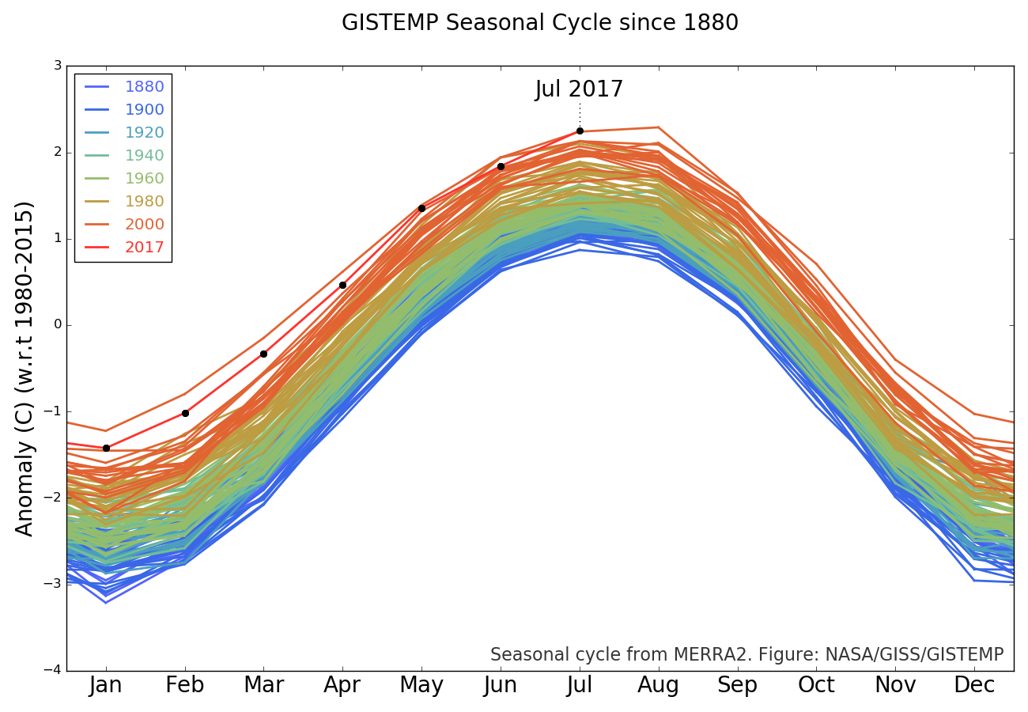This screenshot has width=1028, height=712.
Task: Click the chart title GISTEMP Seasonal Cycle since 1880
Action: coord(540,23)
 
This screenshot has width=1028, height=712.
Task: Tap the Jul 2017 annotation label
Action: coord(579,89)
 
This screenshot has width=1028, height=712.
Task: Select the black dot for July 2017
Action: coord(580,131)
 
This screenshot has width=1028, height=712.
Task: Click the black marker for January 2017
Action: coord(106,448)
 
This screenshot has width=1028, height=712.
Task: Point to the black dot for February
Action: coord(185,413)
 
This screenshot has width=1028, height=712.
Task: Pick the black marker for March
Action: coord(263,354)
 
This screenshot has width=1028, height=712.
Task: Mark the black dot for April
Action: coord(342,285)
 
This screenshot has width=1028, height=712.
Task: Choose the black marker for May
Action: coord(421,208)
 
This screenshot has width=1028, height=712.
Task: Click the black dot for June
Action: coord(501,166)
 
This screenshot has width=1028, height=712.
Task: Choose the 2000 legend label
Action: coord(144,225)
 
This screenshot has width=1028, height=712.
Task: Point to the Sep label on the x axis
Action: coord(737,685)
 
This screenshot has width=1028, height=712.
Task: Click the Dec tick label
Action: coord(974,685)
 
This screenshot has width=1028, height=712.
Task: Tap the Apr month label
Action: coord(342,685)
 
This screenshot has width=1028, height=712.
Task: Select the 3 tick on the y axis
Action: coord(58,66)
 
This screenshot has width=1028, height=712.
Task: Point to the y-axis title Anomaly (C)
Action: coord(25,368)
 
